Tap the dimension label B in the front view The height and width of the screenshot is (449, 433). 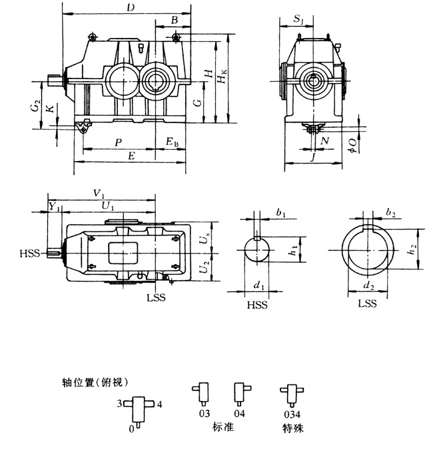pyautogui.click(x=174, y=21)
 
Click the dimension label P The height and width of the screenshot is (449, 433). pyautogui.click(x=118, y=142)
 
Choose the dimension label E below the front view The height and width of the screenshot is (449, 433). pyautogui.click(x=131, y=156)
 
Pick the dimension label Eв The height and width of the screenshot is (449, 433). pyautogui.click(x=173, y=142)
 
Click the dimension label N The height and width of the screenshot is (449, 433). pyautogui.click(x=324, y=142)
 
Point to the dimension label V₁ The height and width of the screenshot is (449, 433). pyautogui.click(x=99, y=193)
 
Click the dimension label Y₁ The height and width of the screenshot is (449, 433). pyautogui.click(x=55, y=207)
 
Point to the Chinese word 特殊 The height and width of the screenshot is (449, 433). pyautogui.click(x=292, y=429)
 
